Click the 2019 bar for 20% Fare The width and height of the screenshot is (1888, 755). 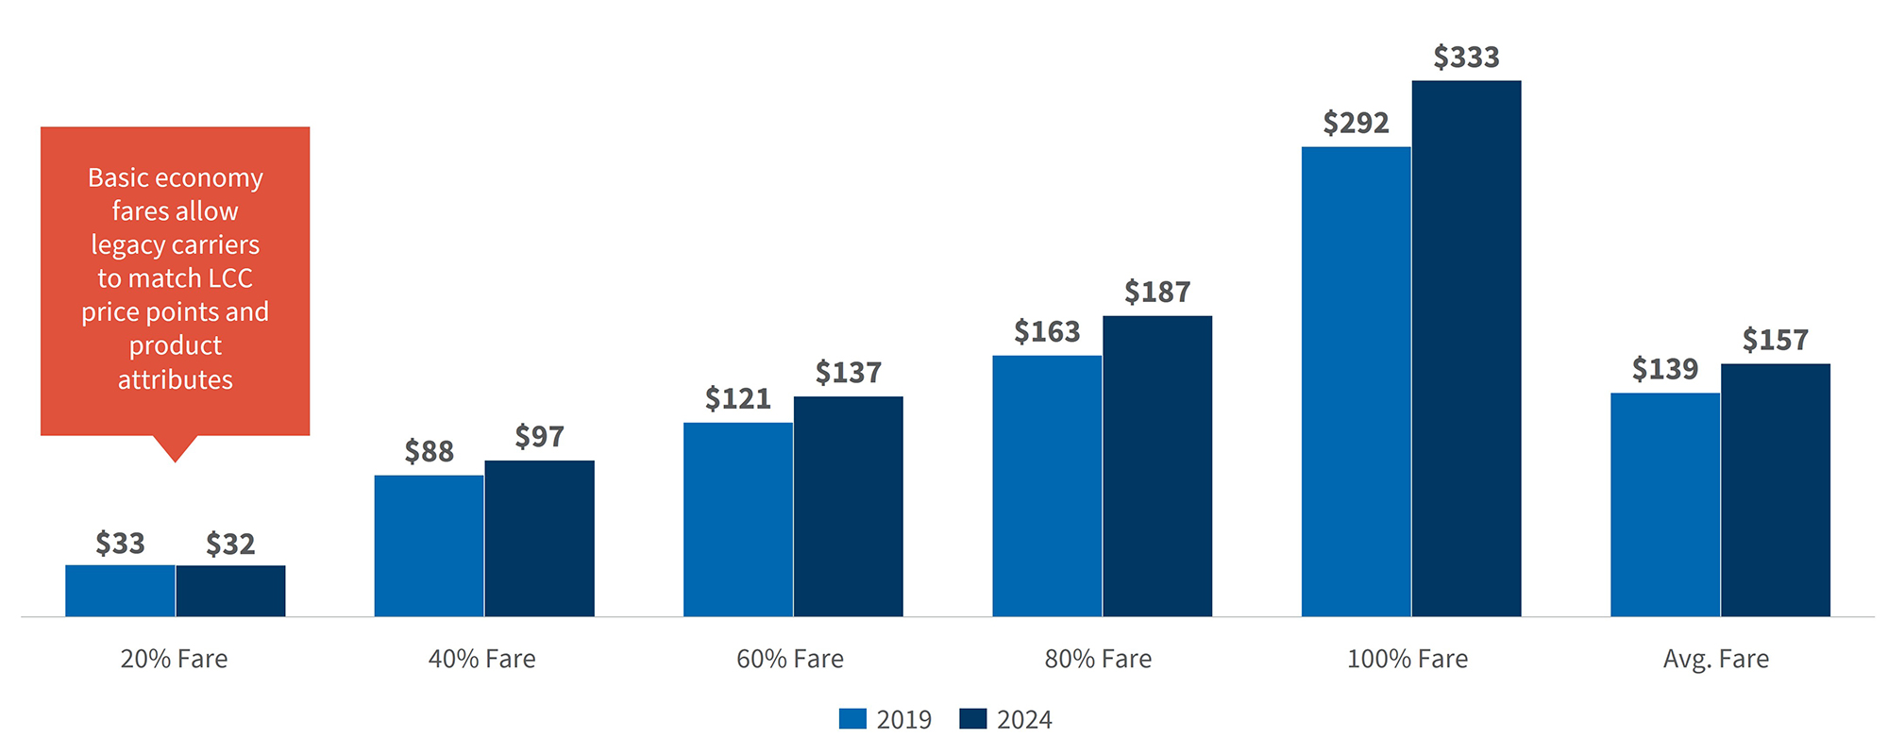[120, 591]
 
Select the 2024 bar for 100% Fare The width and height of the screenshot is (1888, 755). [1466, 349]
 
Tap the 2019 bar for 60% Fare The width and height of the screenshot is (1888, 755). [738, 520]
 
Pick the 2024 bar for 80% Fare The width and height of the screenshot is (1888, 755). [1157, 466]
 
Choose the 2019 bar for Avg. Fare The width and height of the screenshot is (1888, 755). [1665, 505]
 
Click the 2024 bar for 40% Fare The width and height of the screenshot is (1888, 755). [539, 539]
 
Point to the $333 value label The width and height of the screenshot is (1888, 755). [1466, 58]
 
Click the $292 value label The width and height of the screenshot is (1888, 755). [1356, 123]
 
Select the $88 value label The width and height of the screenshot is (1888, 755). [429, 451]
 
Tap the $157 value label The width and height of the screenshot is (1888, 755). [1775, 340]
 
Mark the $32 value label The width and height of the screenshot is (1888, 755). [230, 544]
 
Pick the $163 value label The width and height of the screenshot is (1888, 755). [1047, 331]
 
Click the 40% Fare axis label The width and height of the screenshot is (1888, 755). [481, 659]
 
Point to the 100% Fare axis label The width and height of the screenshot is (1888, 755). [1407, 659]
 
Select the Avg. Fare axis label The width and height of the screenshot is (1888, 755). [1715, 659]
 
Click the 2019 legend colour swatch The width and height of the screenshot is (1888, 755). [852, 719]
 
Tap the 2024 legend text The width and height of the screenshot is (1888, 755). [1024, 720]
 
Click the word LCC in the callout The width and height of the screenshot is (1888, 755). [230, 278]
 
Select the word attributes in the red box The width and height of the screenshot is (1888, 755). [176, 379]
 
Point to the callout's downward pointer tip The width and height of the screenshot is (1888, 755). [176, 460]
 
